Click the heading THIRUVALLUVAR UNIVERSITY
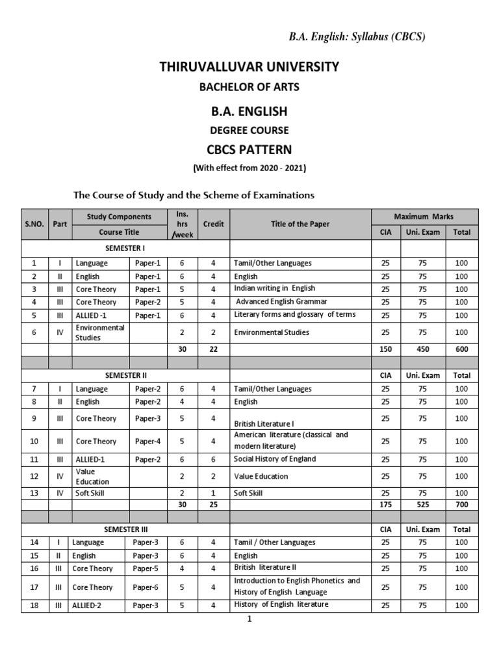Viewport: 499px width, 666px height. point(249,66)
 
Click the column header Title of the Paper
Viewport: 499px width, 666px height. point(300,224)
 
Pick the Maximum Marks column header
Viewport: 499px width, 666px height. point(424,216)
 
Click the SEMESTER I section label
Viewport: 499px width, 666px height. point(125,248)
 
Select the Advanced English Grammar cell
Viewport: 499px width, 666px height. point(281,302)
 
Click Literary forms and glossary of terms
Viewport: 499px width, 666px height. point(294,315)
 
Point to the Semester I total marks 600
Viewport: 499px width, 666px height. point(461,349)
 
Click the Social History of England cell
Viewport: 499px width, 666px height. point(275,459)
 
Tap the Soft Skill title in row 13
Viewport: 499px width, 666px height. point(249,492)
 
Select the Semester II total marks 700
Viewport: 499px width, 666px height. point(461,504)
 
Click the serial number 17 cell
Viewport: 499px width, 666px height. point(34,587)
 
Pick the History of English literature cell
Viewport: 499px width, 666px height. point(281,605)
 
